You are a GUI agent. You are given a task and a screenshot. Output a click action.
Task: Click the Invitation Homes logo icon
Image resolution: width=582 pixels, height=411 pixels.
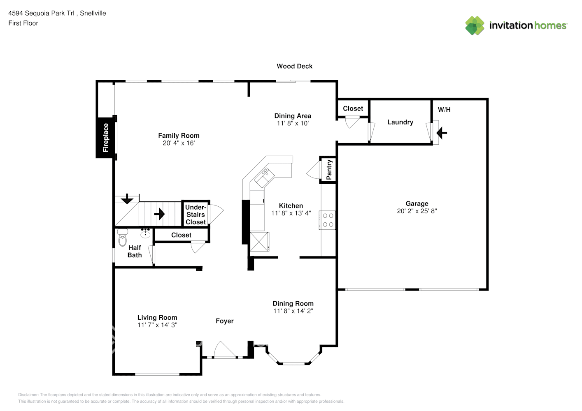point(475,25)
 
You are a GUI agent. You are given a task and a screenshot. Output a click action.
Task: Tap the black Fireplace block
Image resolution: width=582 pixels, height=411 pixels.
point(106,138)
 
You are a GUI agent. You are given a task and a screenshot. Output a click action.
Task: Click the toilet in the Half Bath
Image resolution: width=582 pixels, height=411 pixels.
point(123,237)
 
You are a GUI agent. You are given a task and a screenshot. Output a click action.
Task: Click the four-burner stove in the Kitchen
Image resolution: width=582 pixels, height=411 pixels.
point(328,220)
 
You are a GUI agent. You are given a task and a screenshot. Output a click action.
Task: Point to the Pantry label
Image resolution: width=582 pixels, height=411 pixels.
point(329,170)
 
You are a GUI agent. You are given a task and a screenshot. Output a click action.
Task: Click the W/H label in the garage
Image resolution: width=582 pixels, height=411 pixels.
point(444,110)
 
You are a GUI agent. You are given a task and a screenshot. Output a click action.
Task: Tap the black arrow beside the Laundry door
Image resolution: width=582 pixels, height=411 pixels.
point(442,133)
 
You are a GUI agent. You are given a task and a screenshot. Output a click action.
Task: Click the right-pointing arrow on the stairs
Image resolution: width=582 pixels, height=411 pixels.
point(159,214)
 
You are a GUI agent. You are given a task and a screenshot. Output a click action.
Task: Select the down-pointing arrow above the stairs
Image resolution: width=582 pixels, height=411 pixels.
point(127,199)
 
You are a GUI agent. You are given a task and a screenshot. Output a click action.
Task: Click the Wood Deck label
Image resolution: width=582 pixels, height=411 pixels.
point(294,66)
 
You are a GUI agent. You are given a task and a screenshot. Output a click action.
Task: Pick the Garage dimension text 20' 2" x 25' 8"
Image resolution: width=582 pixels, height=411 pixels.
point(417,211)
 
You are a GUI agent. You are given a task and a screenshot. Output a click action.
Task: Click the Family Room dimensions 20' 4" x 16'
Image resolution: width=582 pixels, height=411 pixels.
point(179,143)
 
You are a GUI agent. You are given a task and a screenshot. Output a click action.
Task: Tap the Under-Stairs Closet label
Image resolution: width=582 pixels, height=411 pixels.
point(196,215)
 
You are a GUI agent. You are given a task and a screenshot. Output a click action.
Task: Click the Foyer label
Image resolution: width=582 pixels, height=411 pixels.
point(224,321)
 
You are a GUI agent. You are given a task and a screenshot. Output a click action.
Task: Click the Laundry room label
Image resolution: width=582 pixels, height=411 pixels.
point(400,122)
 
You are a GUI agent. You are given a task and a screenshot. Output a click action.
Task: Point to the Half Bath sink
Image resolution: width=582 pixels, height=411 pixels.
point(145,234)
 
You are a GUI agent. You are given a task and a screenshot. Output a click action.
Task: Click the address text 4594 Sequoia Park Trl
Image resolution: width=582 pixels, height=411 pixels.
point(41,13)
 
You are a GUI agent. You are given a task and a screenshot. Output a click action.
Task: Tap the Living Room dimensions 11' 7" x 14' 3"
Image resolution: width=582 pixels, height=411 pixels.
point(157,325)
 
